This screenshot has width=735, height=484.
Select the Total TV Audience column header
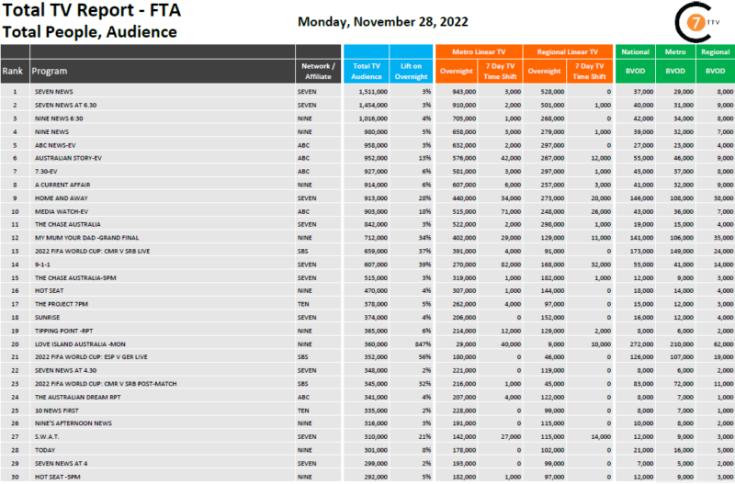(x=367, y=71)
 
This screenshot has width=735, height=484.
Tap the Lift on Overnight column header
(x=411, y=71)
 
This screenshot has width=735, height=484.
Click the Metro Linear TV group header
(x=479, y=52)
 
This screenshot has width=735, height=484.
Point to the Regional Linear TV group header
(x=567, y=52)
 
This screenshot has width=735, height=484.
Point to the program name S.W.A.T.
(x=46, y=437)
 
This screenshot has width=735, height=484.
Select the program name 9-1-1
(x=42, y=264)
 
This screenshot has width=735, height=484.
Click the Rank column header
(x=13, y=71)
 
